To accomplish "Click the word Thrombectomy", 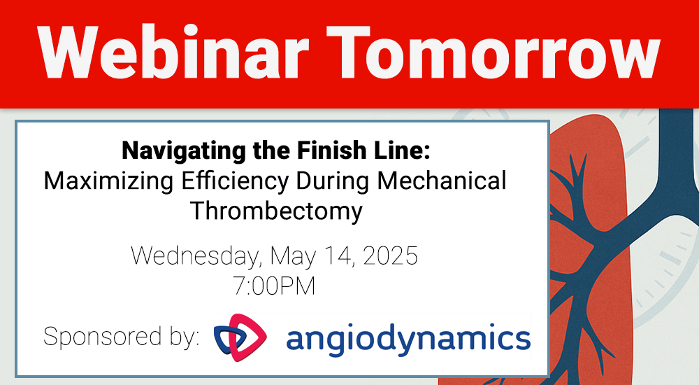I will [x=277, y=211].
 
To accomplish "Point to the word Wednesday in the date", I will [x=194, y=255].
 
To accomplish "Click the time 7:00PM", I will [x=275, y=286].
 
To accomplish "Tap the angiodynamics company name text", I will [x=408, y=338].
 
